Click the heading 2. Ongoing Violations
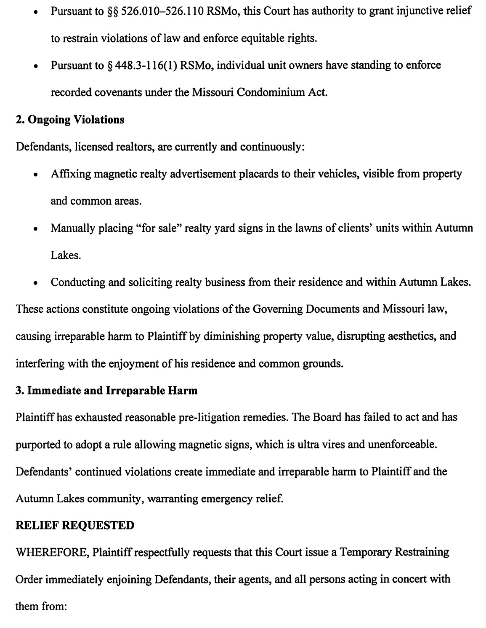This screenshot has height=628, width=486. pos(70,120)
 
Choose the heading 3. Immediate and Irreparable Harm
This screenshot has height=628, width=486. pos(106,391)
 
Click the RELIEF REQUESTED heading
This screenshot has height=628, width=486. pos(75,526)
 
